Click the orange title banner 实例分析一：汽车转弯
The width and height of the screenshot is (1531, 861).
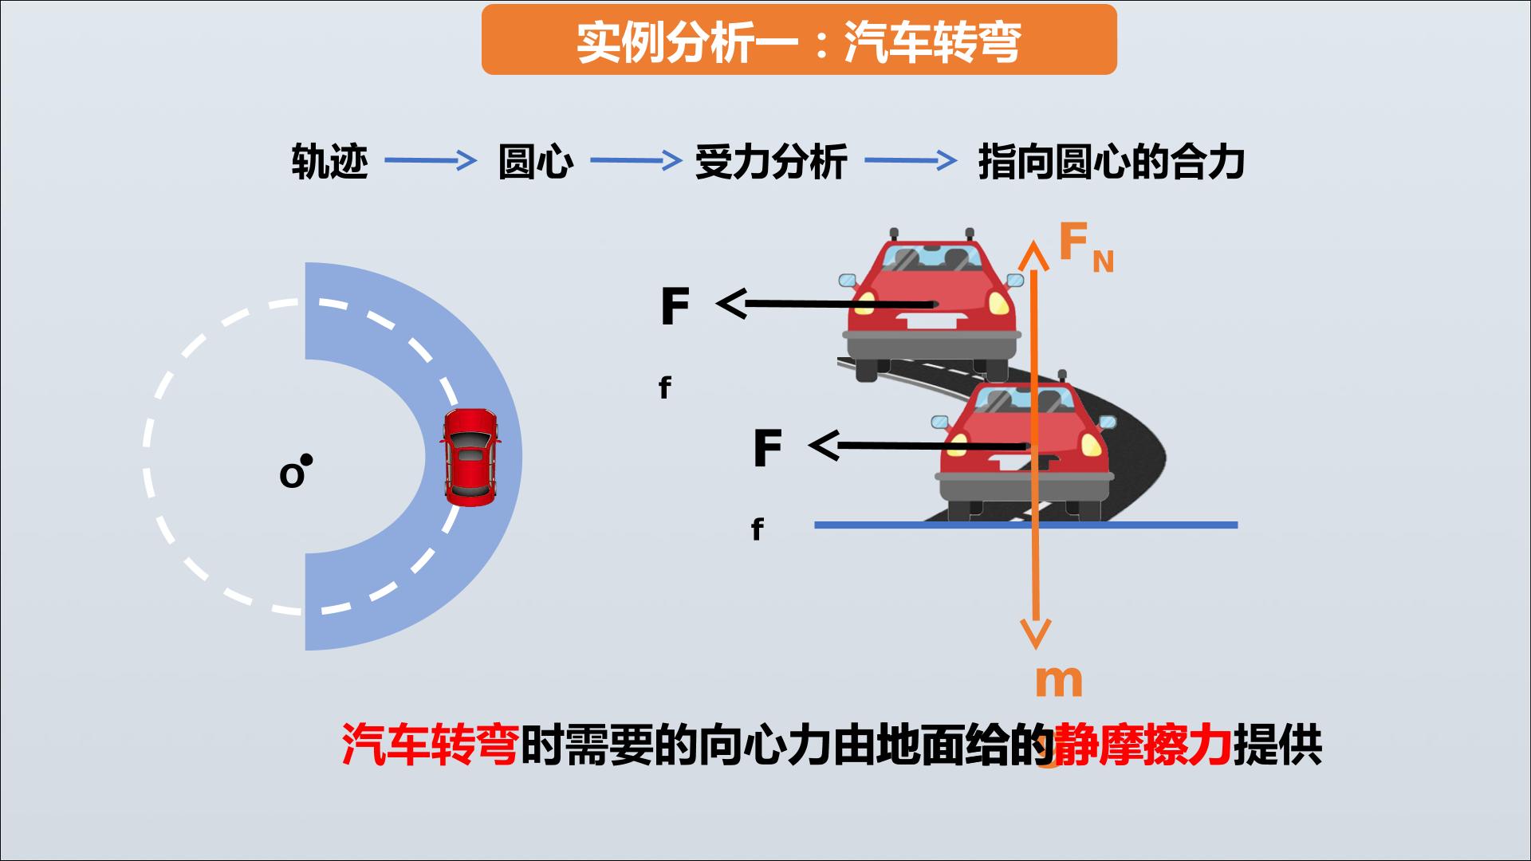tap(799, 40)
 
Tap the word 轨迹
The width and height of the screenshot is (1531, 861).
tap(329, 162)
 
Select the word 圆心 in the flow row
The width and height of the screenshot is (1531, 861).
tap(535, 162)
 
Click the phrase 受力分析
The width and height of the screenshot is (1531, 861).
tap(770, 162)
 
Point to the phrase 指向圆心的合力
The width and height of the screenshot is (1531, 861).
tap(1111, 162)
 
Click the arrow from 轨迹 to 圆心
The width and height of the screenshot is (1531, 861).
tap(431, 161)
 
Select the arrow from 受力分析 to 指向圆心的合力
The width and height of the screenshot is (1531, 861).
tap(911, 161)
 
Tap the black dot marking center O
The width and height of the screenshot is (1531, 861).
tap(306, 460)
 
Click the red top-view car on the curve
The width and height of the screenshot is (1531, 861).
tap(470, 458)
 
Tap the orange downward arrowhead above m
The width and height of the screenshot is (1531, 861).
tap(1035, 635)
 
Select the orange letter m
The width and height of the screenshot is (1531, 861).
tap(1059, 682)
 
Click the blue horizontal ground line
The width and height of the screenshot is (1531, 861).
tap(1025, 525)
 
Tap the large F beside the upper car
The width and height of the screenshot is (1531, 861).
tap(675, 306)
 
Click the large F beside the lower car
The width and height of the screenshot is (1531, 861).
tap(767, 448)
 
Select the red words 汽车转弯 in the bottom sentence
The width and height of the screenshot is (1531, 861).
tap(431, 745)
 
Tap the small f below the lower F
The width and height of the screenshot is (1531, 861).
tap(757, 529)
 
